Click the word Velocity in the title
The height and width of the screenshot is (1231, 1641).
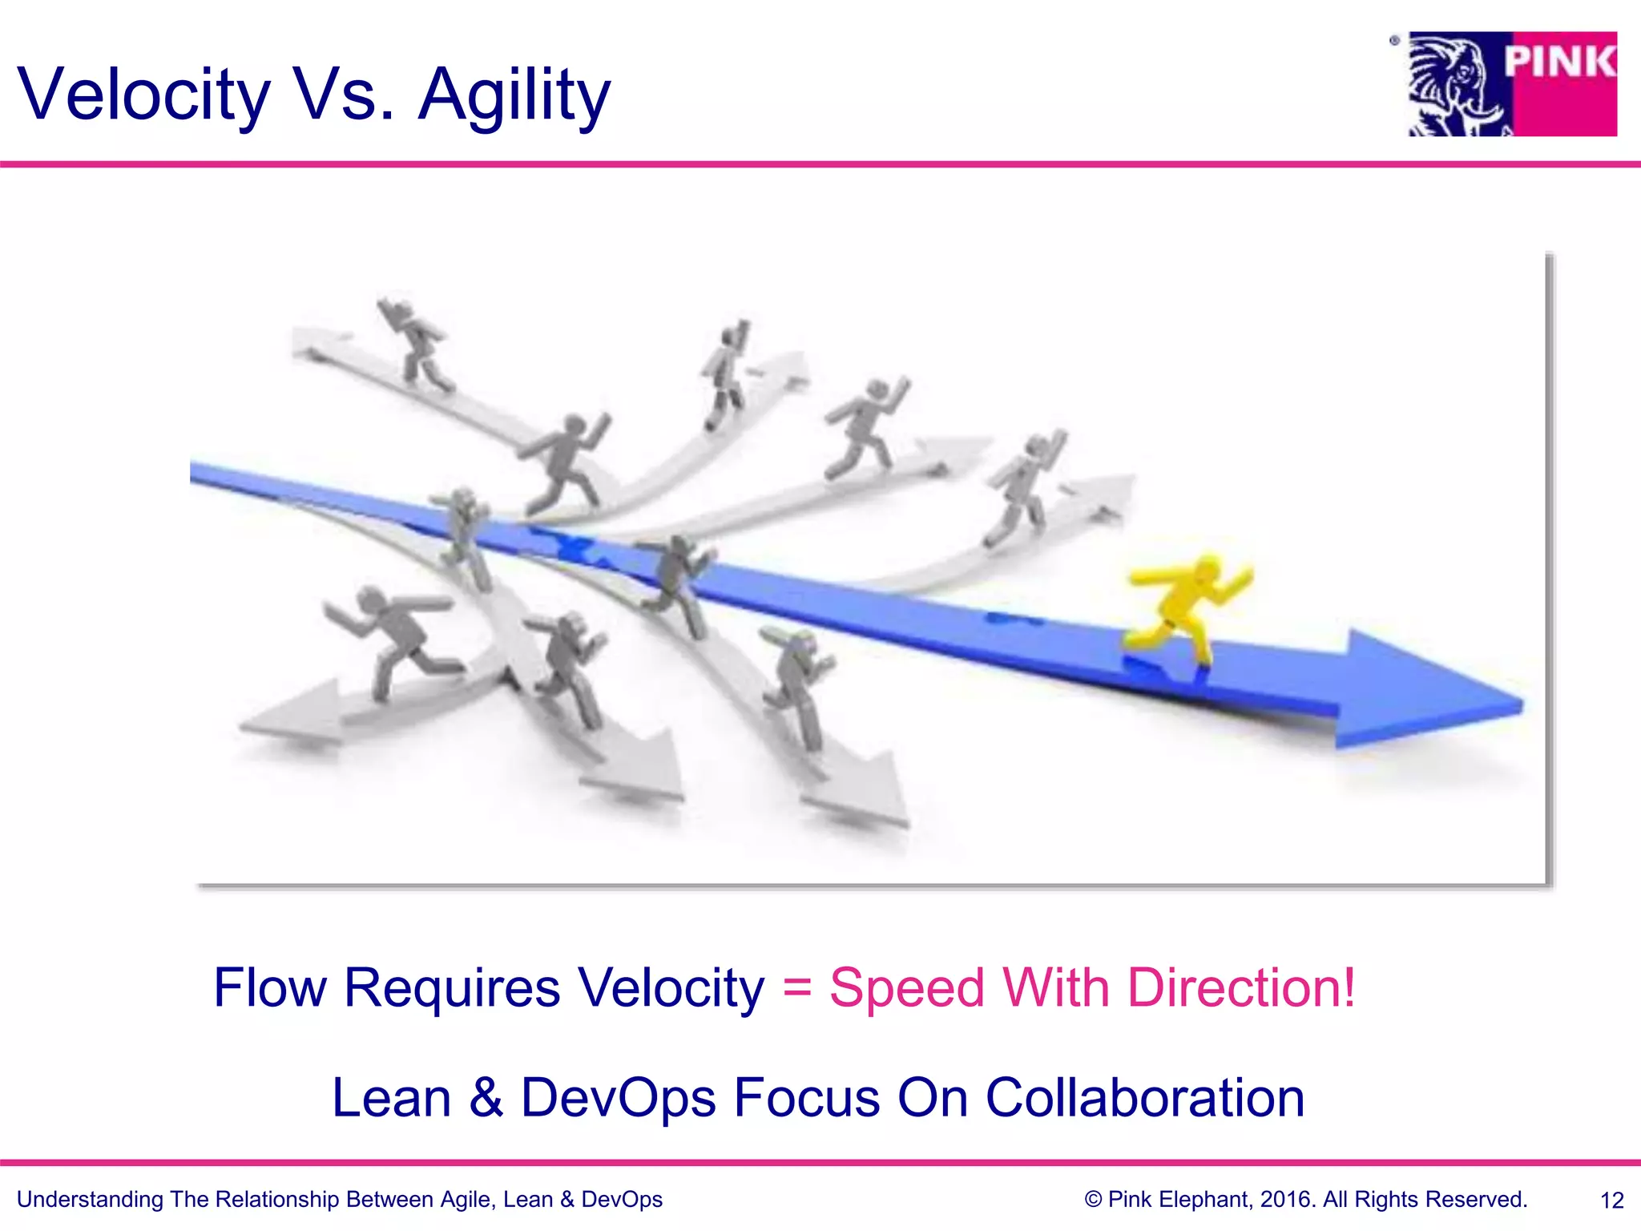click(144, 95)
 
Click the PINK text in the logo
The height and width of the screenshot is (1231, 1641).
click(1559, 63)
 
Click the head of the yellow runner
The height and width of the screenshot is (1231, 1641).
click(1204, 571)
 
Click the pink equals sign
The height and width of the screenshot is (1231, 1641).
click(796, 987)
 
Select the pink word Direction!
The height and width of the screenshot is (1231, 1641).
click(1241, 987)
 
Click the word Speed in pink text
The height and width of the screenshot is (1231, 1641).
click(906, 989)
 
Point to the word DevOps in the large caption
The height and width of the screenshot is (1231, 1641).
click(618, 1097)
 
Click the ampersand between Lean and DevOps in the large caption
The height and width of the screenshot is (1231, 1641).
click(486, 1097)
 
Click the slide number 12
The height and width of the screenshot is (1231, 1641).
click(1611, 1201)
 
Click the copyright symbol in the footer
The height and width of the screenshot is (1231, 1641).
click(1093, 1200)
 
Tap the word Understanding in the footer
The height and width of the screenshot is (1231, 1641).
click(90, 1200)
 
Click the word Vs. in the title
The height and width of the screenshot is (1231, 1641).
click(345, 95)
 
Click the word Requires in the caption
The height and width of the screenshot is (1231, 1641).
click(452, 987)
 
